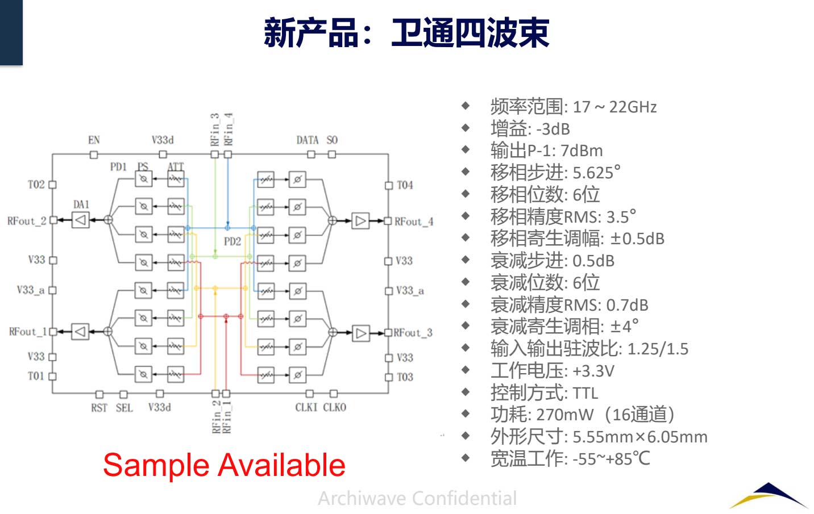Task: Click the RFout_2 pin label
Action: tap(27, 221)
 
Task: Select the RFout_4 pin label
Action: tap(414, 222)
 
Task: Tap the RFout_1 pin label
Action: tap(28, 332)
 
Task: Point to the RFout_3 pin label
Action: tap(413, 333)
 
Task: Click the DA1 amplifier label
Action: tap(81, 204)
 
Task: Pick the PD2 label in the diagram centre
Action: tap(232, 241)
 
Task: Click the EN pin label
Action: tap(94, 140)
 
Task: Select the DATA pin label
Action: tap(308, 140)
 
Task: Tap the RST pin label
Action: tap(99, 408)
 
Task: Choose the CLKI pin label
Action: tap(306, 408)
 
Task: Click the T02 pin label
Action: tap(36, 185)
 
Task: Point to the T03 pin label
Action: tap(405, 377)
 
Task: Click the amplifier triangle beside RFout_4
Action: tap(360, 220)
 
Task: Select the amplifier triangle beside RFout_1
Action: tap(80, 331)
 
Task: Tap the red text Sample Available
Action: tap(224, 465)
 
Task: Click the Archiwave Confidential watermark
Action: tap(417, 498)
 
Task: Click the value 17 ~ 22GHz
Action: tap(614, 107)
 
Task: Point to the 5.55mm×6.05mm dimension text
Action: tap(640, 437)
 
